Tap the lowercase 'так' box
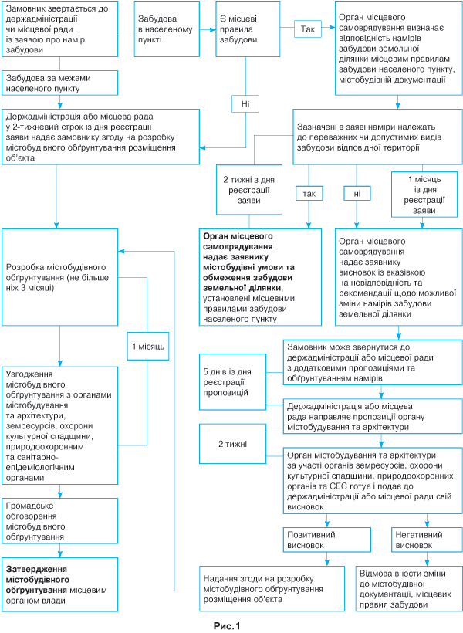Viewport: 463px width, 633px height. click(309, 193)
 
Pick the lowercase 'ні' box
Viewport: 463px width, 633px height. click(357, 193)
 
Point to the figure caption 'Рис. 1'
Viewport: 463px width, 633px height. click(228, 625)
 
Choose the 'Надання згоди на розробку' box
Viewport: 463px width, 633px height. click(269, 588)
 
